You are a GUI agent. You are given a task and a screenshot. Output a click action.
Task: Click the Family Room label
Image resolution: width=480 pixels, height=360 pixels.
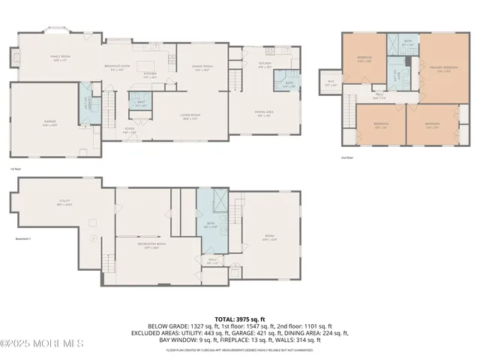pyautogui.click(x=59, y=57)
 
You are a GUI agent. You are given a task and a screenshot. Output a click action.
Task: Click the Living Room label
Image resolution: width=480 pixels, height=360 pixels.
pyautogui.click(x=188, y=116)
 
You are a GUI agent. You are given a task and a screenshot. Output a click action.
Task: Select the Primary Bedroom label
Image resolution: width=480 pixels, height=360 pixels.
pyautogui.click(x=446, y=69)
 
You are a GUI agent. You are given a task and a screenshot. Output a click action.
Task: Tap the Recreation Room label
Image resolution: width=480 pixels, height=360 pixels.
pyautogui.click(x=151, y=244)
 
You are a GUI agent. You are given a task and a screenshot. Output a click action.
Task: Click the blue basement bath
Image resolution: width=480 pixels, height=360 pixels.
pyautogui.click(x=211, y=225)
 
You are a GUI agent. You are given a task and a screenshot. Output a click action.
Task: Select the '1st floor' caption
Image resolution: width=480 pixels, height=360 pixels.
pyautogui.click(x=16, y=169)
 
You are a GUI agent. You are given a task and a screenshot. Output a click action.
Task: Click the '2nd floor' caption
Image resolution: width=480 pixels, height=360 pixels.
pyautogui.click(x=347, y=158)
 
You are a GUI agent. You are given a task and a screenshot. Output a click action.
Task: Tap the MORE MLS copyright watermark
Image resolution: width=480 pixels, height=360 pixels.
pyautogui.click(x=42, y=343)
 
